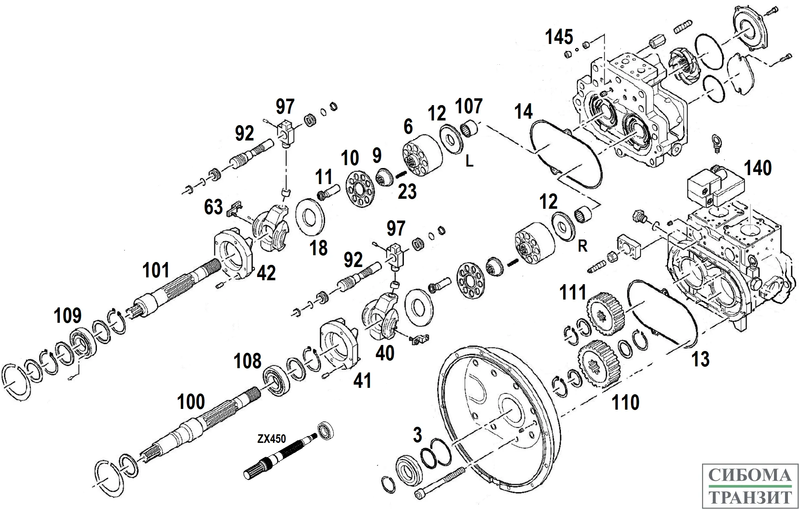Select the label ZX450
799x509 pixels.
(271, 439)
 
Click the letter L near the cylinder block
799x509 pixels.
(469, 162)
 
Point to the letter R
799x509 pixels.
(582, 246)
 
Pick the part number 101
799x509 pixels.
(156, 270)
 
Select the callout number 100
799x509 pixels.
(191, 402)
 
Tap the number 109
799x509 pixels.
(68, 316)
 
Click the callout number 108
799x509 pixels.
(247, 361)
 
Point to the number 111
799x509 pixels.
(573, 292)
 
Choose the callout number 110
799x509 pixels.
(626, 402)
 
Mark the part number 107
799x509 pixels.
(469, 106)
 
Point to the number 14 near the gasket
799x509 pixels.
(524, 112)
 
